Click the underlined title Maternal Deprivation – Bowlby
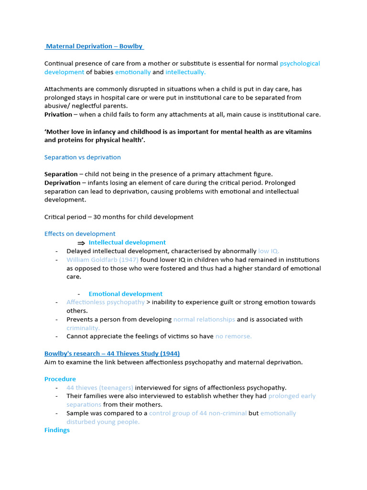[94, 46]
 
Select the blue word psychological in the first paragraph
[300, 64]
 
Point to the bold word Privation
[58, 115]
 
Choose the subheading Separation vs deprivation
[82, 157]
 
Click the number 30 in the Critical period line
[97, 217]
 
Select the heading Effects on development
[80, 234]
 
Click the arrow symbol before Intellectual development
[81, 243]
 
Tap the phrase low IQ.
[269, 251]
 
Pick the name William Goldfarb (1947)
[102, 260]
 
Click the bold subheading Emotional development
[125, 294]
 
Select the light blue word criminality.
[83, 328]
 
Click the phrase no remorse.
[233, 336]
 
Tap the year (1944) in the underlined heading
[170, 354]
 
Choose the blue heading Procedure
[60, 379]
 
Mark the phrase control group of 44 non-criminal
[198, 413]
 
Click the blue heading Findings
[57, 430]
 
